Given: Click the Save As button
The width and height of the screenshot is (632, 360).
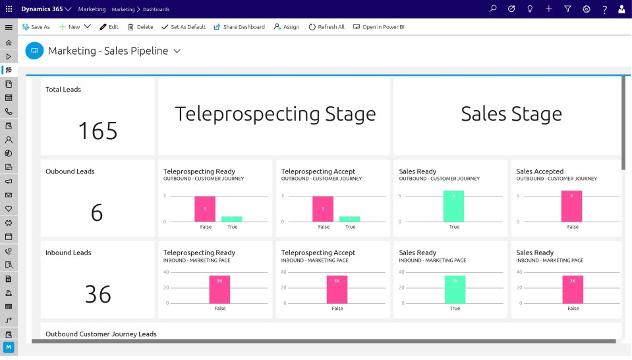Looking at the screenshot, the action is point(36,27).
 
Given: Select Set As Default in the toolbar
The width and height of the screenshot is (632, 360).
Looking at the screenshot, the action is point(183,27).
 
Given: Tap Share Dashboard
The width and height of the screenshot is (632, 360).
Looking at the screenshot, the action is point(239,27).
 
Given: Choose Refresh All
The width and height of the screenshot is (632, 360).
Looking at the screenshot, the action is point(326,27).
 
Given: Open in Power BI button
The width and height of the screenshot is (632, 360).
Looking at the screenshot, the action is point(378,27).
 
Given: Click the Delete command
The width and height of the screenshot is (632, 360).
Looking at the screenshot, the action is point(140,27).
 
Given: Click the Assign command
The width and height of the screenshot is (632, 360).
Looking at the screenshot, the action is point(286,27).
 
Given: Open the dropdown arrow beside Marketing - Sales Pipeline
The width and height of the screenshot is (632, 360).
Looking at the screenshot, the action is point(177,51).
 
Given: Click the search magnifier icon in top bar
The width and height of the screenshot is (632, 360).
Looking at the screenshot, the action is point(492,9).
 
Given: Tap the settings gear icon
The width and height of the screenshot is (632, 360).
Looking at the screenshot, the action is point(587,9).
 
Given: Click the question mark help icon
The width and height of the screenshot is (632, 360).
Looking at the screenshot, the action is point(604,9).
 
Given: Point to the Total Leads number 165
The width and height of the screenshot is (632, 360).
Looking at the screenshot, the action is point(98,131).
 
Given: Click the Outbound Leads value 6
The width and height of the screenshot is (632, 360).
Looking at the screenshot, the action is point(97,212).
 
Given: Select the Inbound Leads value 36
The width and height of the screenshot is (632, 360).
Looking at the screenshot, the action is point(98,294).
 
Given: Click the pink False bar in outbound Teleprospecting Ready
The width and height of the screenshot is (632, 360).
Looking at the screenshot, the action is point(205,209).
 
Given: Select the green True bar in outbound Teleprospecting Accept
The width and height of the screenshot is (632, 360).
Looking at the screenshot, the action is point(349,219).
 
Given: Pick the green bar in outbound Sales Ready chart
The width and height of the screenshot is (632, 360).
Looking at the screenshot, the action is point(453,206).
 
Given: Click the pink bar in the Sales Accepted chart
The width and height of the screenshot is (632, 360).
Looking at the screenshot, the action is point(571,206).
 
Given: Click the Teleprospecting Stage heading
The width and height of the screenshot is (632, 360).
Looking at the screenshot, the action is point(275,114).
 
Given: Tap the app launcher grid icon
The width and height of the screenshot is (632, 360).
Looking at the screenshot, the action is point(9,9).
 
